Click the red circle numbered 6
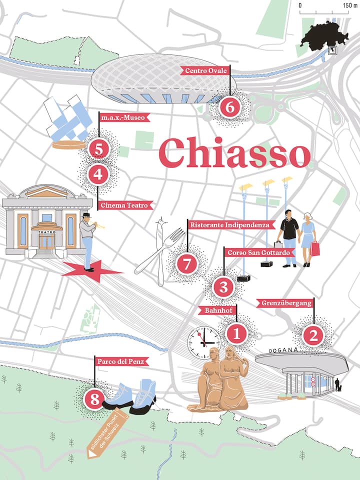point(230,107)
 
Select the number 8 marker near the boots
point(94,398)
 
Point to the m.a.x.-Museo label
point(123,118)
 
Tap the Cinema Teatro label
point(125,205)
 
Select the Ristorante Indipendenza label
point(232,225)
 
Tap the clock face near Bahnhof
point(203,342)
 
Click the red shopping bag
point(315,248)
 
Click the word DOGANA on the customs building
point(284,350)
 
